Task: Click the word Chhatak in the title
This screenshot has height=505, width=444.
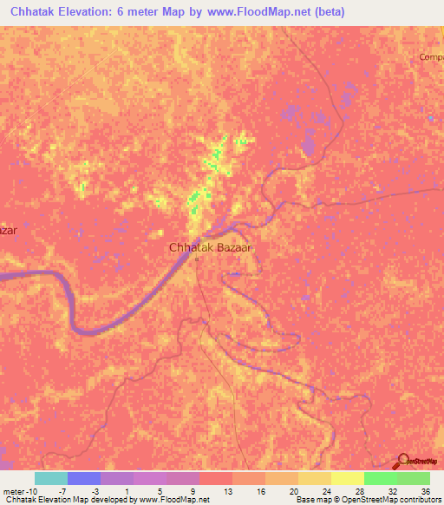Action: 38,11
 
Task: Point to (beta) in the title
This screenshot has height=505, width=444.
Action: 326,11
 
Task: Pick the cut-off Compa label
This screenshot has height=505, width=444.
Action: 431,57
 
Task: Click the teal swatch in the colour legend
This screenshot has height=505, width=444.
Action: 51,478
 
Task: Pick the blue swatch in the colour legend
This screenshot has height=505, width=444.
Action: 84,478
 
